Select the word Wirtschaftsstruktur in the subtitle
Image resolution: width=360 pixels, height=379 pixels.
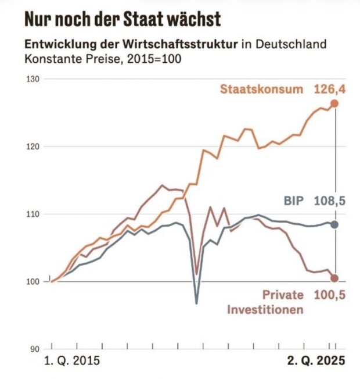coord(181,45)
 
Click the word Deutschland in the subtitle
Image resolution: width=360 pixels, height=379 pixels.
coord(291,45)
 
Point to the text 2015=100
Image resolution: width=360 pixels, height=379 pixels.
coord(154,59)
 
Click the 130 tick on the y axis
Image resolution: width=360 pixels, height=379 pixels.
coord(33,79)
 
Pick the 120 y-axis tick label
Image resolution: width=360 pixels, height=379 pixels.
coord(33,146)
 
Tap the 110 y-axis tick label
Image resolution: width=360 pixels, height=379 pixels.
coord(33,214)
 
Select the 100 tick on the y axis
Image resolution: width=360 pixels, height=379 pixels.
coord(33,281)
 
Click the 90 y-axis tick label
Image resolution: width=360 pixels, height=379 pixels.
coord(35,349)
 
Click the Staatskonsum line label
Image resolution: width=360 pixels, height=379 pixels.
coord(261,89)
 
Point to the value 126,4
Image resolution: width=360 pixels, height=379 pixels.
coord(330,90)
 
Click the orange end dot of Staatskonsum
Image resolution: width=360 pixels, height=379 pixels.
coord(334,103)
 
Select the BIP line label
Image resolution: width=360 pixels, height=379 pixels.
coord(294,201)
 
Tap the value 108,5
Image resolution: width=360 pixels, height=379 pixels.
coord(330,201)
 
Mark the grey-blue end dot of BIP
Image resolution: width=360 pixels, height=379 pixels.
coord(334,225)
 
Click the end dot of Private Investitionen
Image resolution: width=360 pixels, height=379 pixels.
coord(334,278)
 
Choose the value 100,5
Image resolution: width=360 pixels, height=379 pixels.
coord(330,295)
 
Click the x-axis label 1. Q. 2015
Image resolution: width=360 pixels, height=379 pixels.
coord(72,361)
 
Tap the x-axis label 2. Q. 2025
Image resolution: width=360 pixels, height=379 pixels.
coord(316,361)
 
